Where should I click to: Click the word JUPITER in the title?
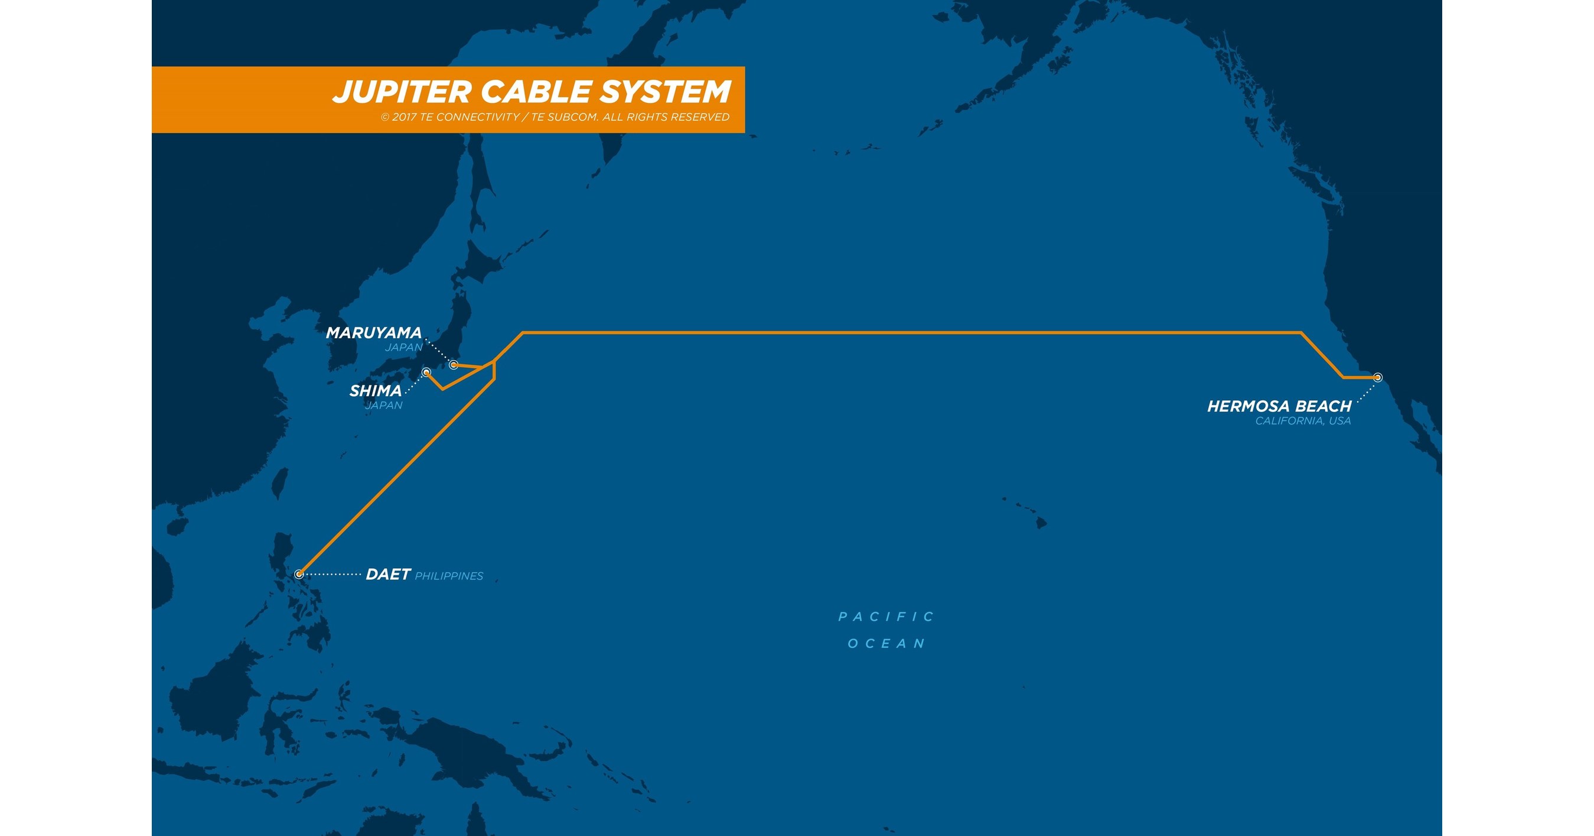[x=403, y=92]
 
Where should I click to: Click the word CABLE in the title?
[x=536, y=92]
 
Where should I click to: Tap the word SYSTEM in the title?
[x=665, y=92]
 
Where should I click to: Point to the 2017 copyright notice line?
[x=555, y=117]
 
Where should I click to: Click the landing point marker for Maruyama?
[x=454, y=364]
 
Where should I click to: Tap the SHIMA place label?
[x=375, y=391]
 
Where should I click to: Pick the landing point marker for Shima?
[x=426, y=371]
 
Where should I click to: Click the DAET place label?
[x=388, y=575]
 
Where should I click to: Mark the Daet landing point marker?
[x=299, y=574]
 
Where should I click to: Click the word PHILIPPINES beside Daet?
[x=449, y=576]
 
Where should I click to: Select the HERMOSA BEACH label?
[x=1279, y=406]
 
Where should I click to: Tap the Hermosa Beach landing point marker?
[x=1377, y=377]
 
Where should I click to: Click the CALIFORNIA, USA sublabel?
[x=1303, y=421]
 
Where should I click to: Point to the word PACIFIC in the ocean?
[x=886, y=617]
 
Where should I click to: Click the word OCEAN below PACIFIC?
[x=886, y=644]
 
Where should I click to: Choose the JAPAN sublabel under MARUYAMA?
[x=403, y=348]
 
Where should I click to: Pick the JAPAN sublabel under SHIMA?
[x=384, y=406]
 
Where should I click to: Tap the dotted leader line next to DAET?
[x=333, y=575]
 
